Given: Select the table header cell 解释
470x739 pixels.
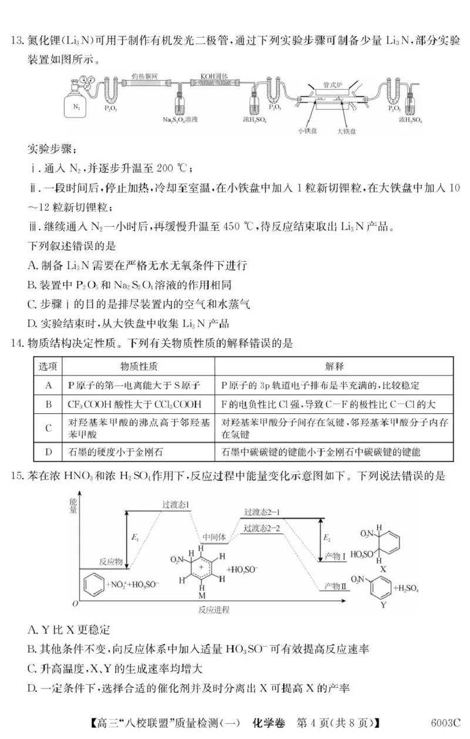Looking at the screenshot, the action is coord(334,366).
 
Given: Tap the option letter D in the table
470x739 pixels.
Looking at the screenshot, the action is coord(49,451).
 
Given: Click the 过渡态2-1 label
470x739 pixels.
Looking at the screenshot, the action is coord(262,512).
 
